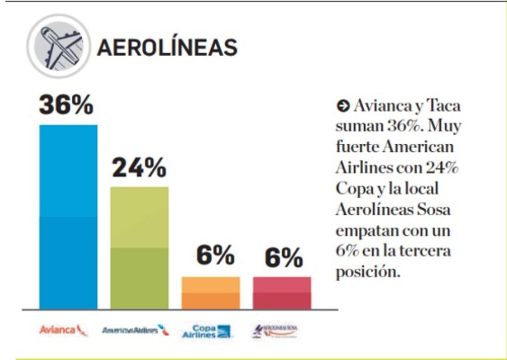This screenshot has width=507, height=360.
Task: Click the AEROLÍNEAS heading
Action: [167, 46]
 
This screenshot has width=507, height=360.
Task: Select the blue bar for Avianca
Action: [68, 217]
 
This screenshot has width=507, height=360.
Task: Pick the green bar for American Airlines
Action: [139, 247]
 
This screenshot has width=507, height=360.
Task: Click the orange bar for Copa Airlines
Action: [210, 292]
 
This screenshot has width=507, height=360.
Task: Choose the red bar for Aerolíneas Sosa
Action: [281, 292]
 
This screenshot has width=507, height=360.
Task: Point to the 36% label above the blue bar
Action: [67, 105]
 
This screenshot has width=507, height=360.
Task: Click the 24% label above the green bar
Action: [139, 167]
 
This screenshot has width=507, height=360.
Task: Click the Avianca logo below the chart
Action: [64, 330]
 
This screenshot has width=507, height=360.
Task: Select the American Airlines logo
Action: [136, 330]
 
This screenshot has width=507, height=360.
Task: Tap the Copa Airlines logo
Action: [208, 330]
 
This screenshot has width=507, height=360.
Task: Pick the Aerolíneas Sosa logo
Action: [279, 329]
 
